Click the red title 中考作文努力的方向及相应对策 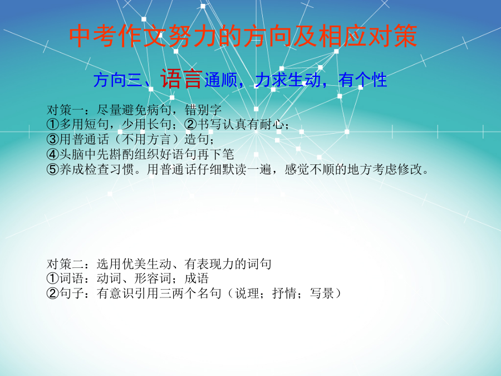pyautogui.click(x=243, y=36)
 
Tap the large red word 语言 pyautogui.click(x=181, y=79)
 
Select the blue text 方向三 pyautogui.click(x=117, y=80)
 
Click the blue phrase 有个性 pyautogui.click(x=362, y=80)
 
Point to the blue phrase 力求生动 pyautogui.click(x=288, y=80)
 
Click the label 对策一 pyautogui.click(x=65, y=110)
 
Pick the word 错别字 pyautogui.click(x=203, y=110)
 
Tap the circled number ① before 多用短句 pyautogui.click(x=53, y=124)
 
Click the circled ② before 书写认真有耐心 pyautogui.click(x=191, y=124)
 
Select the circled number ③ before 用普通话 pyautogui.click(x=53, y=139)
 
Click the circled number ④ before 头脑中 pyautogui.click(x=53, y=154)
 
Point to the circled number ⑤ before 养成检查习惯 pyautogui.click(x=53, y=169)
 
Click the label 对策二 pyautogui.click(x=65, y=264)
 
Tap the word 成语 pyautogui.click(x=197, y=279)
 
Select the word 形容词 pyautogui.click(x=153, y=279)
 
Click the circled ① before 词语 pyautogui.click(x=53, y=279)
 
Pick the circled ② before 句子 pyautogui.click(x=53, y=293)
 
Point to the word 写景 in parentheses pyautogui.click(x=322, y=293)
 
